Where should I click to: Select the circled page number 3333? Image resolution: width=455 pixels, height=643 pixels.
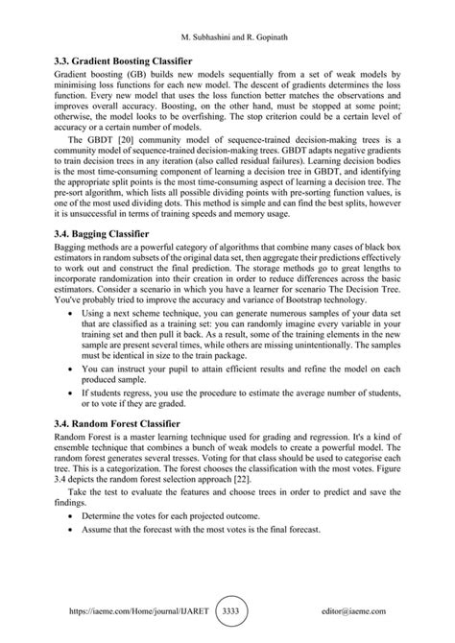[x=229, y=608]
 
